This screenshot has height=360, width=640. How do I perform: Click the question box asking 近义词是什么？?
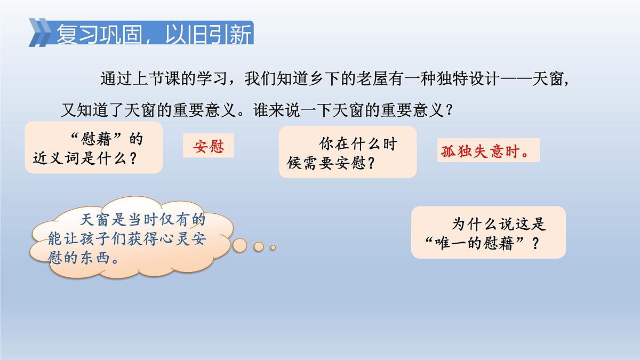click(93, 148)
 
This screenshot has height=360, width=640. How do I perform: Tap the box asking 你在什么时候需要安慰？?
click(347, 153)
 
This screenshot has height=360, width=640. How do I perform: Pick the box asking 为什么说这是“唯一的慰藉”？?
click(488, 233)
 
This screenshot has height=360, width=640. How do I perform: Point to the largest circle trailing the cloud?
click(241, 244)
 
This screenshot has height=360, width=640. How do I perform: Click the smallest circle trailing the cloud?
click(273, 247)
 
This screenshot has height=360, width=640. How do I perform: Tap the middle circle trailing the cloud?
click(259, 246)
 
